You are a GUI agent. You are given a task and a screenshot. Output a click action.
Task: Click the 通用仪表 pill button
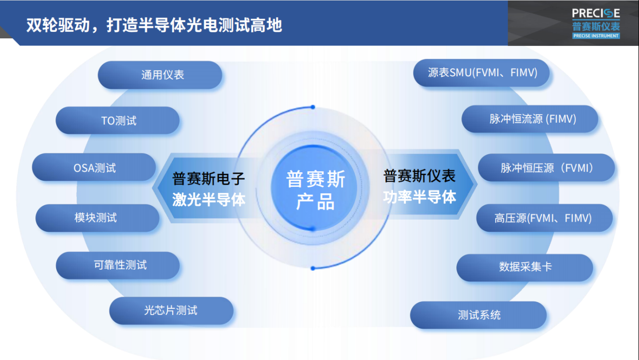click(x=160, y=75)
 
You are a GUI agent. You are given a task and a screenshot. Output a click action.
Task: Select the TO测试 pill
click(x=118, y=121)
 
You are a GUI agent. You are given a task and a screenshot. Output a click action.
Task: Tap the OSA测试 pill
click(x=94, y=167)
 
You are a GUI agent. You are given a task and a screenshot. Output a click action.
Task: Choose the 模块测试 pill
click(x=97, y=218)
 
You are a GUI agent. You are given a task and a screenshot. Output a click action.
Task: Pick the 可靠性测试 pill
click(x=118, y=265)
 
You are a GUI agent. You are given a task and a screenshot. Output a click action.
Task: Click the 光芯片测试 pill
click(x=171, y=311)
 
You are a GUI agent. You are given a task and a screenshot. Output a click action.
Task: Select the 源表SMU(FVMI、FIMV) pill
click(x=482, y=73)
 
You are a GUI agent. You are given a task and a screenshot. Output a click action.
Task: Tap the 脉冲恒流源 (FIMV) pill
click(x=530, y=119)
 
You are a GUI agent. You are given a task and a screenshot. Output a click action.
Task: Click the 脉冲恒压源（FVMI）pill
click(x=546, y=168)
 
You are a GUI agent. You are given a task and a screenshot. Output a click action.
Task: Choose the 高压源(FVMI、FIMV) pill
click(x=544, y=218)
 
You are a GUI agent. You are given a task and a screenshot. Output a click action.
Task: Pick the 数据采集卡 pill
click(x=524, y=267)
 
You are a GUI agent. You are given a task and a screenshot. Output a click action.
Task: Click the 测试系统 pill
click(x=478, y=315)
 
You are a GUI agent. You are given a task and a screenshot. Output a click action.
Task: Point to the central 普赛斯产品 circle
click(x=315, y=189)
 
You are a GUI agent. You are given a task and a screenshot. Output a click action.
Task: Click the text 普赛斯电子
click(x=208, y=178)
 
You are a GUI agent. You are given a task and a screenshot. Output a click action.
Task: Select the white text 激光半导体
click(x=208, y=199)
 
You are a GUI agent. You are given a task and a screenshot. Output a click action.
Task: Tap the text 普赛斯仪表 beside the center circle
click(x=419, y=176)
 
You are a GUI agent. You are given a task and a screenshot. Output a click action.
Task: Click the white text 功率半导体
click(x=419, y=197)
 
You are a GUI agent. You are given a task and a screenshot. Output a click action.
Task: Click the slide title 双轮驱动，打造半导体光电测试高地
click(x=154, y=25)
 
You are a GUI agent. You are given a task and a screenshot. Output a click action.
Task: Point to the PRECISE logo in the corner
click(x=596, y=23)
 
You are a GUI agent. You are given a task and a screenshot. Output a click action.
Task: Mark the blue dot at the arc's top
click(x=313, y=107)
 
